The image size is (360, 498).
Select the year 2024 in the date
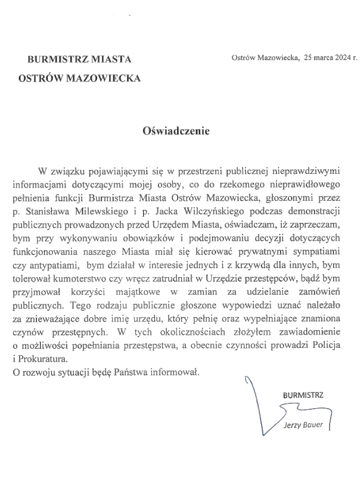pos(342,58)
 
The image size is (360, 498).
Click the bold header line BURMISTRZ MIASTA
pos(79,59)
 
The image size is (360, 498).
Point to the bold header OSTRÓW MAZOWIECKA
pos(80,77)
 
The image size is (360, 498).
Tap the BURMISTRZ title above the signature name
pos(303,395)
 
